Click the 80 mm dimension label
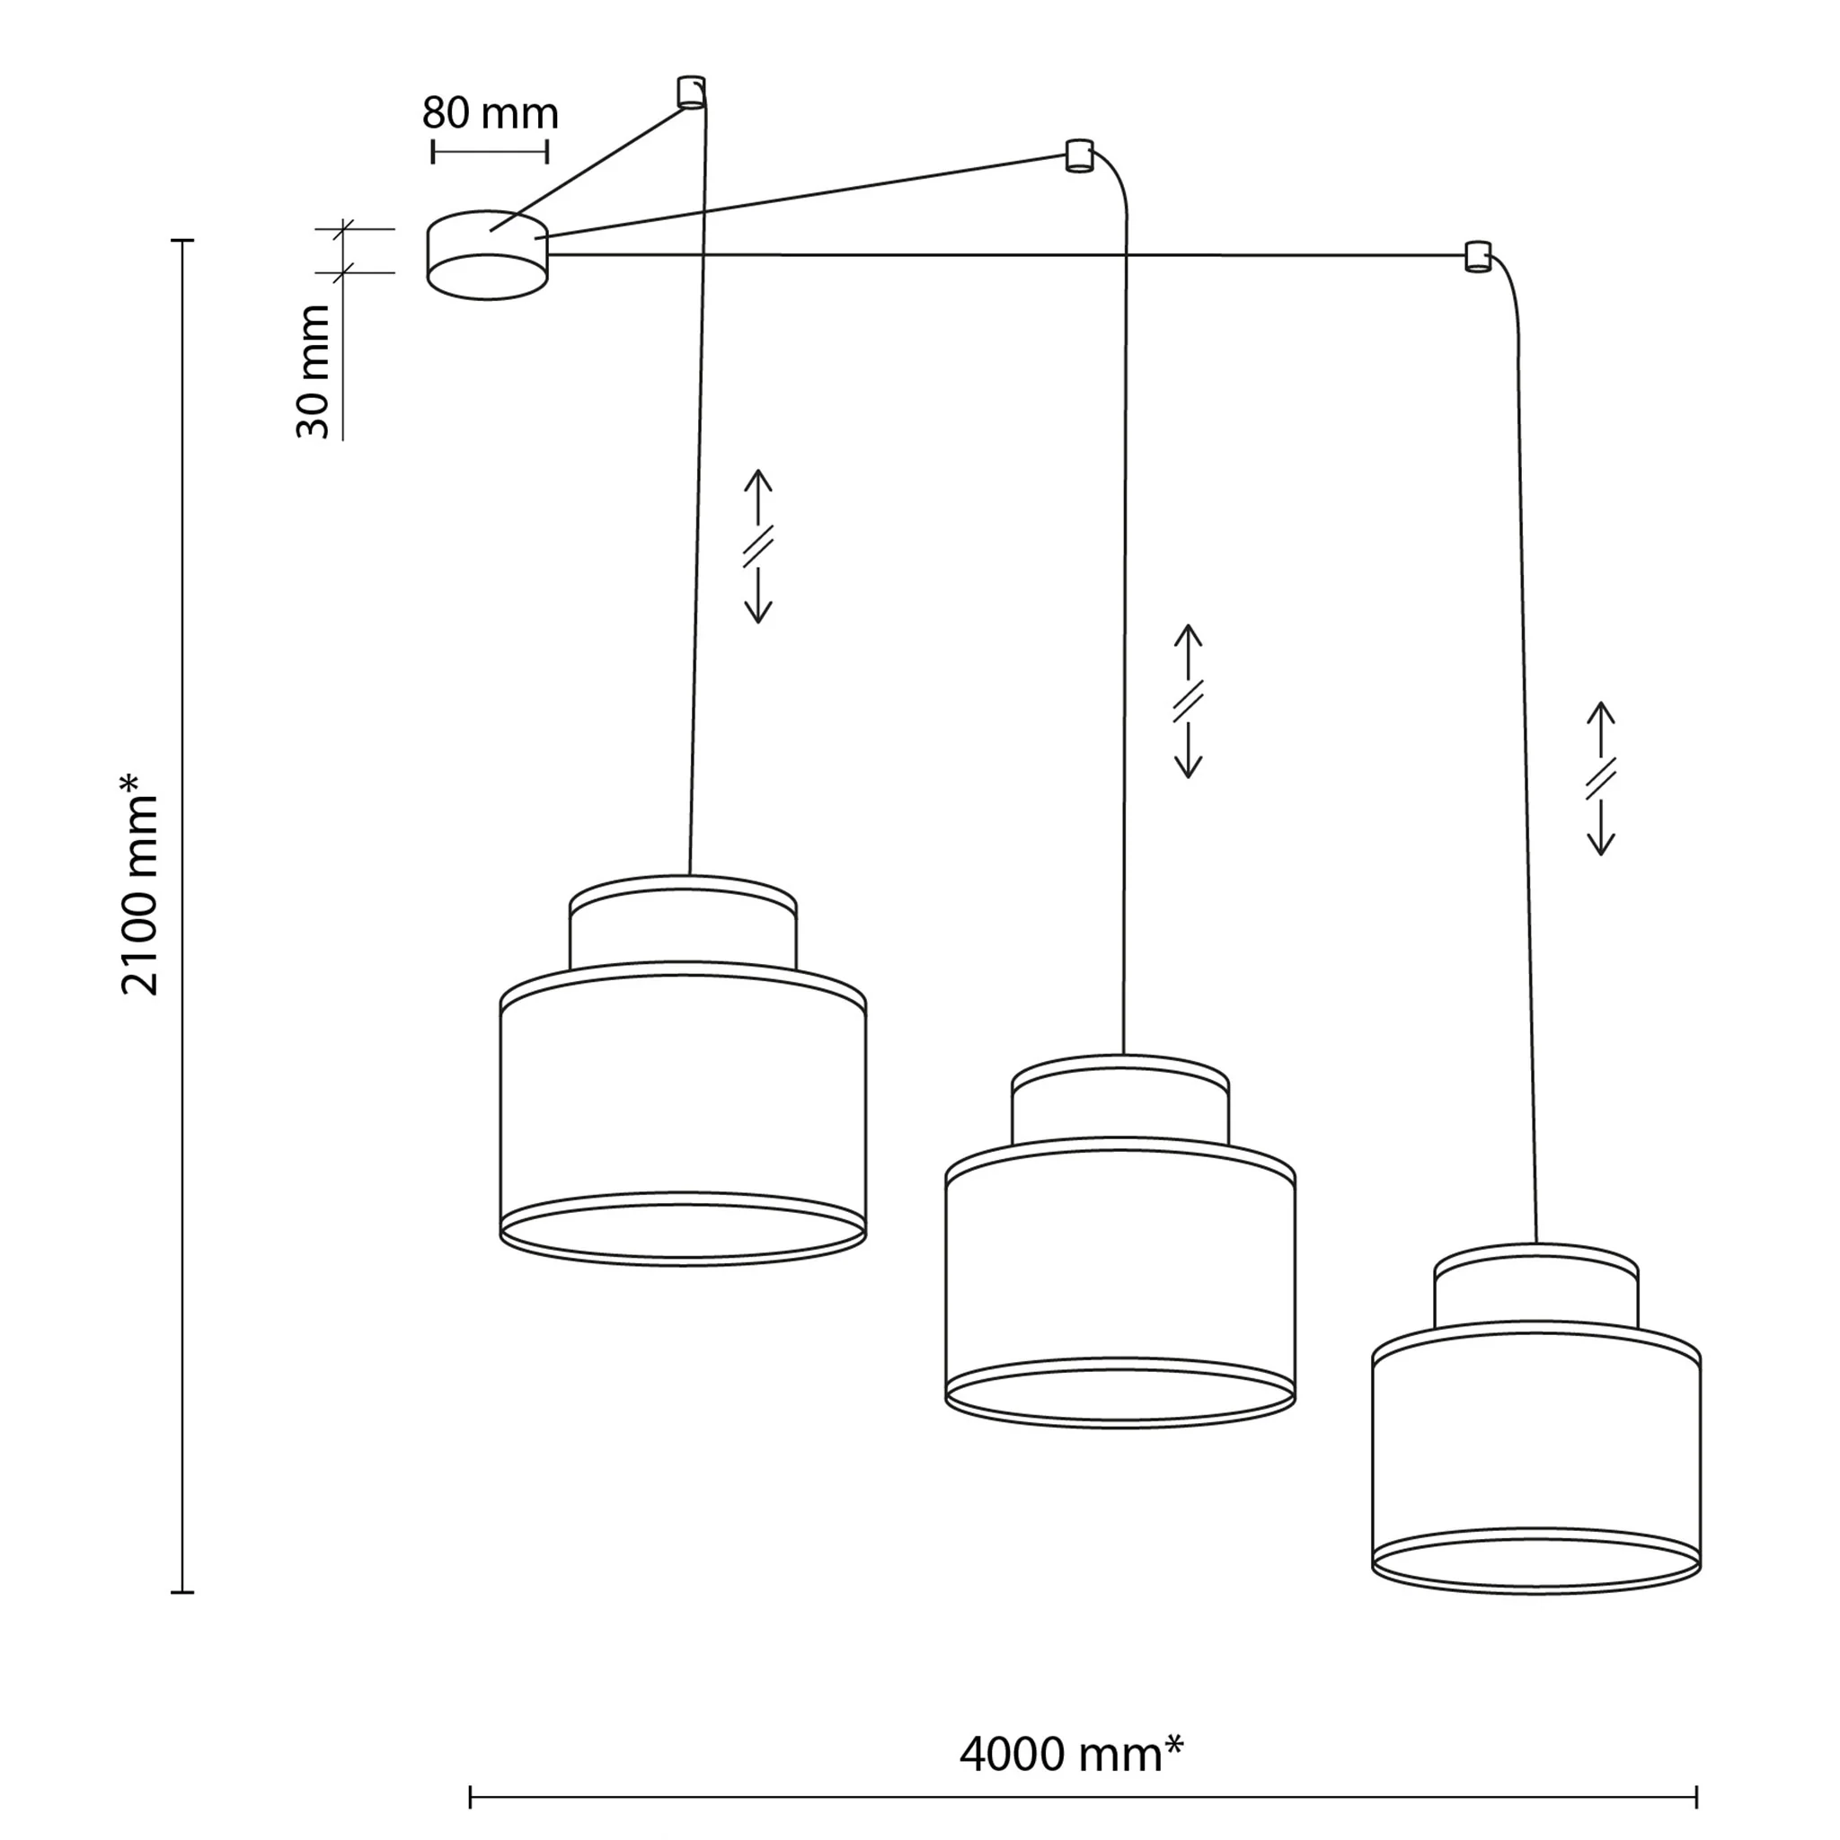pos(490,113)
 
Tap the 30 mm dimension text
pos(314,371)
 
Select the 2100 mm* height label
pos(140,885)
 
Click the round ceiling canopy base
pos(488,254)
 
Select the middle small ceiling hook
pos(1078,155)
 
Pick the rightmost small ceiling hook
pos(1477,256)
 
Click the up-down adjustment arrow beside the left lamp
pos(757,546)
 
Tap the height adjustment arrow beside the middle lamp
pos(1188,701)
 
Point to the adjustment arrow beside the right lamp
pos(1601,779)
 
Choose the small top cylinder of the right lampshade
pos(1536,1286)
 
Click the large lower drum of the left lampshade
pos(683,1114)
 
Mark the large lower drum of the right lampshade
pos(1536,1457)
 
